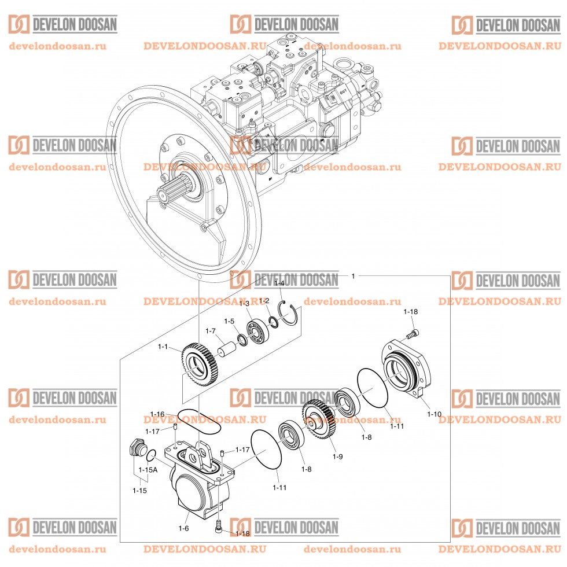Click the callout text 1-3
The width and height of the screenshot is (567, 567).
pos(244,304)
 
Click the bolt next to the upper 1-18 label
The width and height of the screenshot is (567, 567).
pos(413,333)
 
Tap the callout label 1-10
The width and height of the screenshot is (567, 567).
pos(434,414)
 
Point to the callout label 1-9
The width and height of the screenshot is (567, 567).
pos(338,456)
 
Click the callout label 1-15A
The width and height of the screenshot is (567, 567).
pos(148,470)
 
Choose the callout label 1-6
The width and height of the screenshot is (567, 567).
pos(183,528)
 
